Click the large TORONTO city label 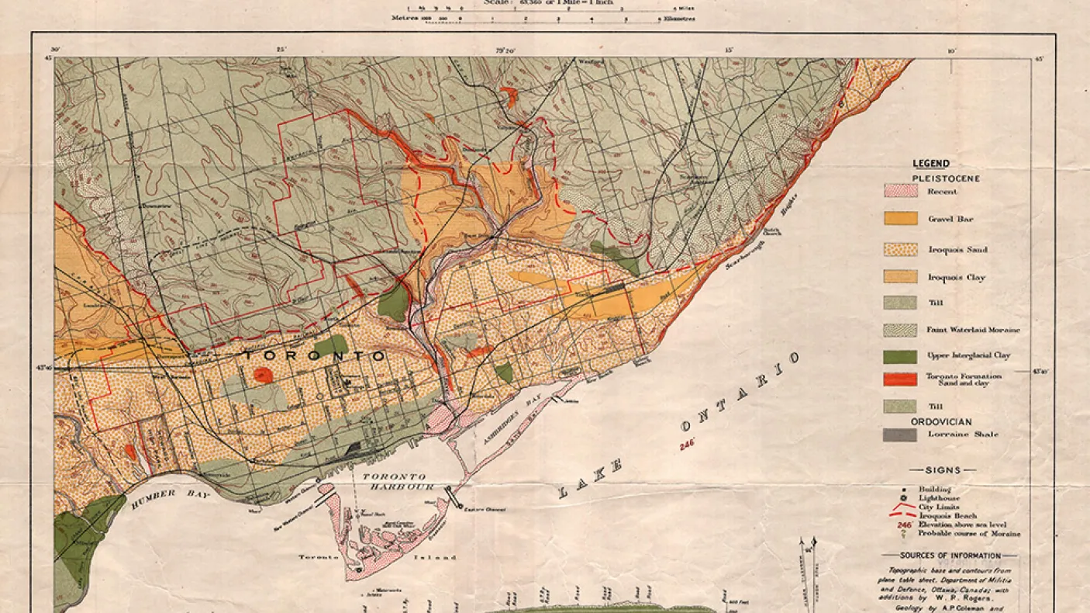(x=314, y=355)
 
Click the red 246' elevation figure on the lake (x=685, y=445)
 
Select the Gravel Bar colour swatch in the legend (x=900, y=219)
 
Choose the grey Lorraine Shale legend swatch (x=900, y=435)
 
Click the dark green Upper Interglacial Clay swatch (x=900, y=356)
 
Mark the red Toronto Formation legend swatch (x=900, y=379)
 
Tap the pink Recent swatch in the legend (x=900, y=191)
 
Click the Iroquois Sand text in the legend (x=957, y=250)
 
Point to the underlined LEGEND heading (x=930, y=164)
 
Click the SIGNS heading (x=943, y=470)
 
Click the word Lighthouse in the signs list (x=939, y=498)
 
